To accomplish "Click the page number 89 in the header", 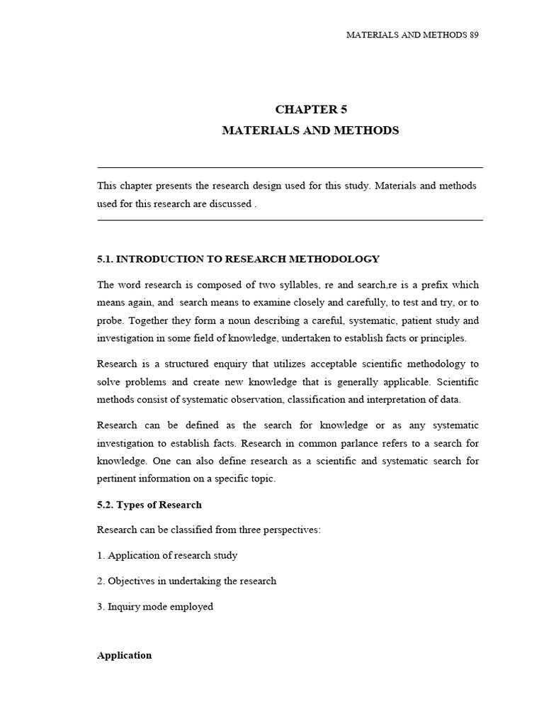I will (x=474, y=35).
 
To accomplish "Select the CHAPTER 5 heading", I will (x=311, y=109).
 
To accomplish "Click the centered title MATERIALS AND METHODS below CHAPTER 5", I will (x=311, y=130).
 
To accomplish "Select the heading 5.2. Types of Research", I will (x=149, y=505).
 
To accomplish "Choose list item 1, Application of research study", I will (x=167, y=555).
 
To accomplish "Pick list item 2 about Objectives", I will (x=186, y=581).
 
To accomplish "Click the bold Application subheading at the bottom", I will (x=124, y=655).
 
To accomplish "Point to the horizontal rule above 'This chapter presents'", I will (x=290, y=168).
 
